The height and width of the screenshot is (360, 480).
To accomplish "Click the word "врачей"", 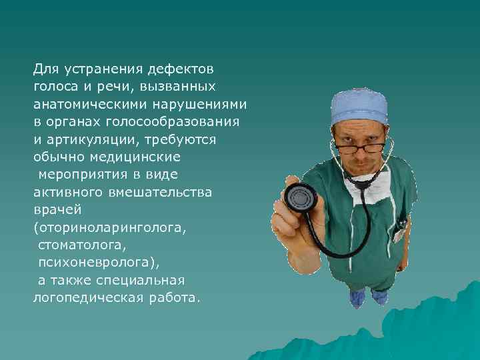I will (x=57, y=209).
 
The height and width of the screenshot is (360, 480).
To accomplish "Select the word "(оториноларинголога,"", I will (x=110, y=227).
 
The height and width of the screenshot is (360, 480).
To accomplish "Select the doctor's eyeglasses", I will (x=359, y=146).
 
